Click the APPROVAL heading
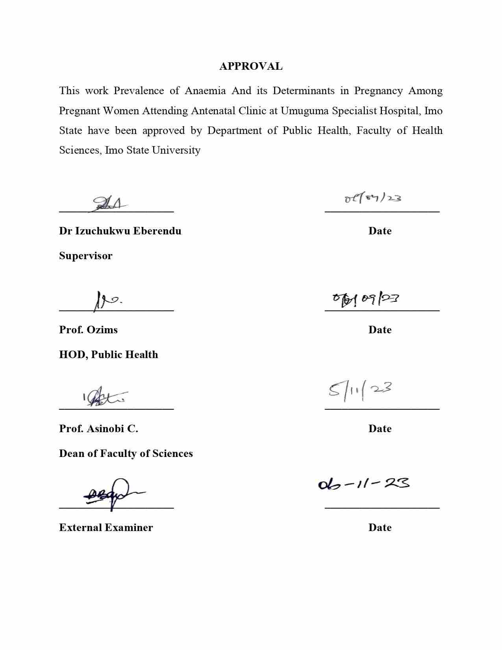click(x=251, y=66)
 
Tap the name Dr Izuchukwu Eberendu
click(x=120, y=231)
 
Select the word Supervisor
click(x=85, y=256)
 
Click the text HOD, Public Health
click(x=108, y=355)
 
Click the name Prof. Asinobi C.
click(x=98, y=429)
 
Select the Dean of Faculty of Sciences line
click(x=126, y=453)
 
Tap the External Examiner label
click(x=106, y=527)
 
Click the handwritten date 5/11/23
click(x=360, y=390)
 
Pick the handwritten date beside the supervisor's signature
click(x=372, y=198)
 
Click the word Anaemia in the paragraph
click(x=205, y=91)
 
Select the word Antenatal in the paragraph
click(x=213, y=111)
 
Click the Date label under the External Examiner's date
click(x=380, y=527)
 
